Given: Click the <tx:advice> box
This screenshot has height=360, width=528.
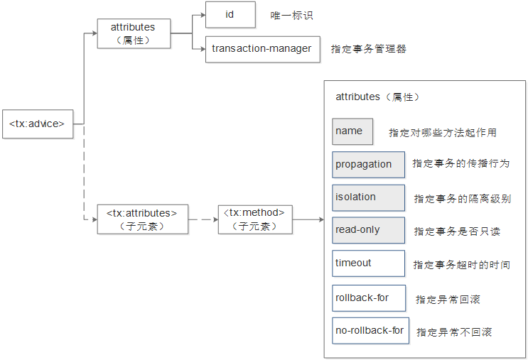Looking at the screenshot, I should [x=37, y=124].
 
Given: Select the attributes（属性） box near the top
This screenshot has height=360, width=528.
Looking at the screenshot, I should [x=134, y=33].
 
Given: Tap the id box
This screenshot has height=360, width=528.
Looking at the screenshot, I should [x=230, y=15].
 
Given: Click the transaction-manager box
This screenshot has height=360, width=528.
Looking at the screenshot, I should [x=262, y=49].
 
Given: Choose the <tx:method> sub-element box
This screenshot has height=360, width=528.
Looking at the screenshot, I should [x=254, y=219].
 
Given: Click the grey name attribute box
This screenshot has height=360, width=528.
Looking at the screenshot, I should [x=352, y=131].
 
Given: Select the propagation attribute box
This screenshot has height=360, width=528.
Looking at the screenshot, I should [x=368, y=164].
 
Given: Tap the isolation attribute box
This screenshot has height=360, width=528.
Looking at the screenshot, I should [x=368, y=197].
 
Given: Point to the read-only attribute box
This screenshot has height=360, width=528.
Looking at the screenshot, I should [x=368, y=230].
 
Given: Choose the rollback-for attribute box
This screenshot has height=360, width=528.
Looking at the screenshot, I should [x=369, y=298].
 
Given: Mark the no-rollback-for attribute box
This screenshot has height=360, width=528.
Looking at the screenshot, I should [x=370, y=331].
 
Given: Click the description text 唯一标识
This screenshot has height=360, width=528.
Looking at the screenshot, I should [x=291, y=16].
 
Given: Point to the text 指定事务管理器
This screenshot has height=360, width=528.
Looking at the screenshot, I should [x=368, y=50].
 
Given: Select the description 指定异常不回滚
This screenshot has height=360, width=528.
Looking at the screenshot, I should [x=453, y=332].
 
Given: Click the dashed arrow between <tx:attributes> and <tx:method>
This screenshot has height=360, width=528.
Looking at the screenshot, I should [x=203, y=219].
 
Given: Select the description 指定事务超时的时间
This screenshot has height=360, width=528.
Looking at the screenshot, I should [x=461, y=265].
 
